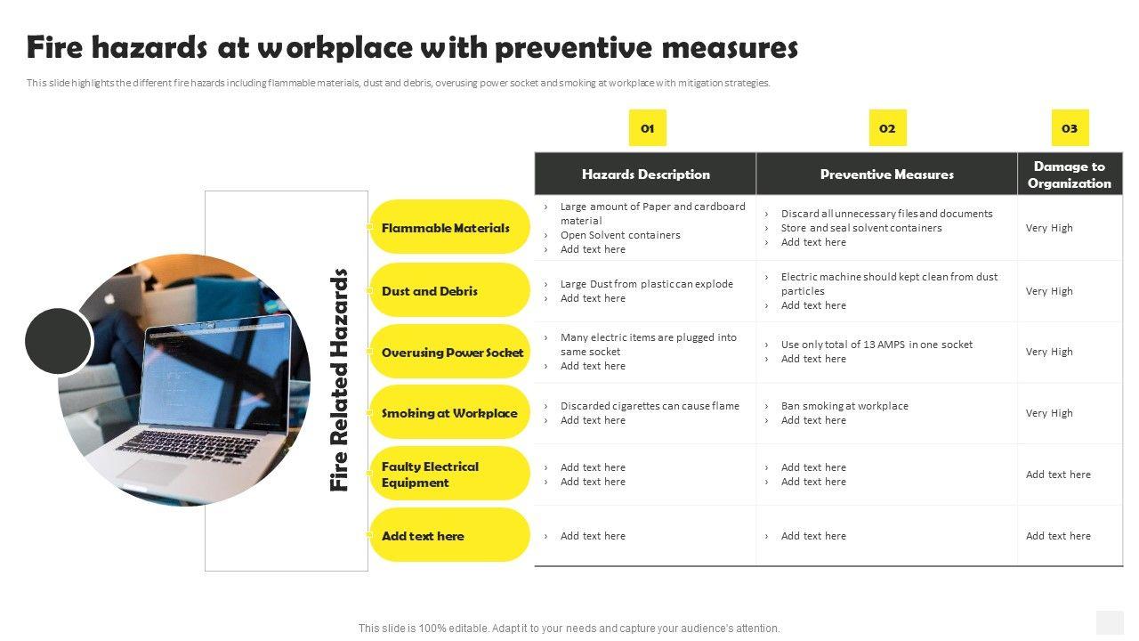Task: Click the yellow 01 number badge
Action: pos(647,128)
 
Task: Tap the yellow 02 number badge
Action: pos(887,128)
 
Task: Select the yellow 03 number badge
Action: pos(1070,128)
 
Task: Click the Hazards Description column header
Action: pos(646,174)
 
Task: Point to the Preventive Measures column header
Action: pos(887,174)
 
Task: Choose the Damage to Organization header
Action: pos(1070,174)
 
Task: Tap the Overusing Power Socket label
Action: pos(452,353)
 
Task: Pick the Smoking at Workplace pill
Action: pos(449,413)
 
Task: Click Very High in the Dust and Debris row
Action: pos(1049,291)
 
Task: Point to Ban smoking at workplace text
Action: pos(844,406)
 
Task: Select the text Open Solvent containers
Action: pos(620,235)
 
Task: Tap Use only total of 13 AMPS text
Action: pos(876,345)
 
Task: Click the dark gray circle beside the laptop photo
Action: pos(59,341)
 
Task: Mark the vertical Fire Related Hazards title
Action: pos(339,380)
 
